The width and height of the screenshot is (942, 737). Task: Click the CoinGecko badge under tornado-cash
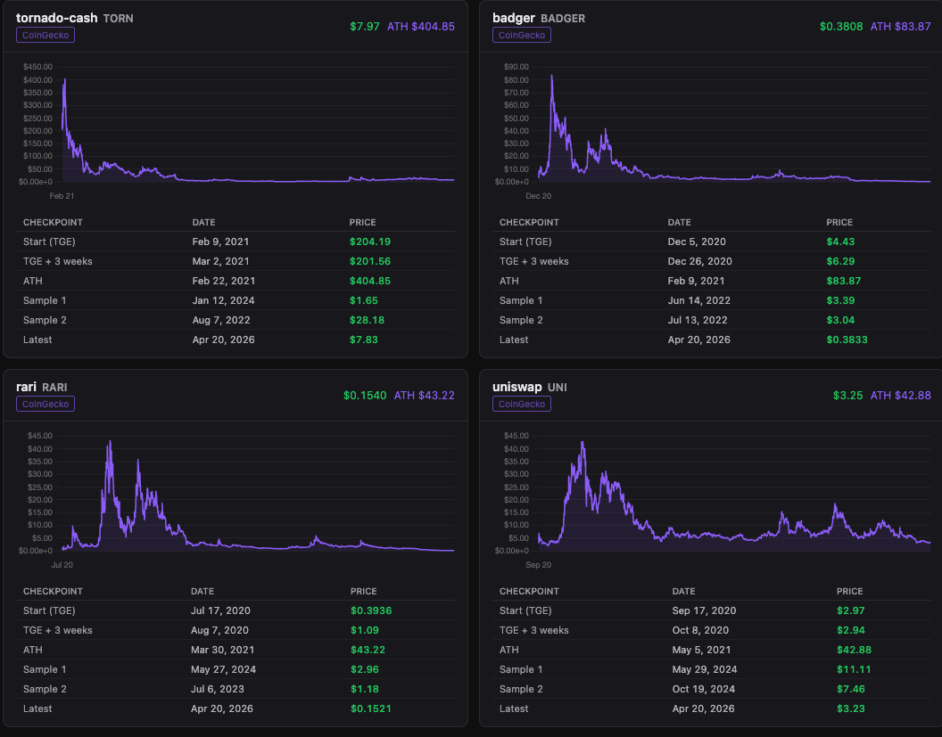click(45, 35)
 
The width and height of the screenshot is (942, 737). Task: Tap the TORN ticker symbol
click(119, 19)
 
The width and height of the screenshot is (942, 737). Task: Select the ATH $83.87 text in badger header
click(901, 27)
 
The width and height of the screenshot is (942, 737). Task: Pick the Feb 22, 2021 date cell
click(224, 281)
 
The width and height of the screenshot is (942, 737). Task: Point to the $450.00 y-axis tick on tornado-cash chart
click(37, 67)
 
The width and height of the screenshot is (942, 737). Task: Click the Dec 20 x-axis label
click(538, 196)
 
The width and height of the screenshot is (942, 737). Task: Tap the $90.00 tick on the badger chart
click(516, 67)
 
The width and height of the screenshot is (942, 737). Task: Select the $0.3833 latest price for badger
click(847, 340)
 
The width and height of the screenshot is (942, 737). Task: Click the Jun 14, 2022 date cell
click(699, 300)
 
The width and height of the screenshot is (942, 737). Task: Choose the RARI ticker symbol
click(54, 388)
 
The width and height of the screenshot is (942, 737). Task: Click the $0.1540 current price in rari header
click(365, 396)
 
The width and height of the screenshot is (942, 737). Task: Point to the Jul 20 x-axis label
click(62, 565)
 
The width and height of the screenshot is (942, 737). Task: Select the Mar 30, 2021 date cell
click(223, 650)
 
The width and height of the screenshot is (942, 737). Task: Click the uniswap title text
click(517, 387)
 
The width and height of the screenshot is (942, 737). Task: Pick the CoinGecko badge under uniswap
click(522, 404)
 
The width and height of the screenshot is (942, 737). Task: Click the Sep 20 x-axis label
click(538, 565)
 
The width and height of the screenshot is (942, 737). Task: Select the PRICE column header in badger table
click(839, 223)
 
